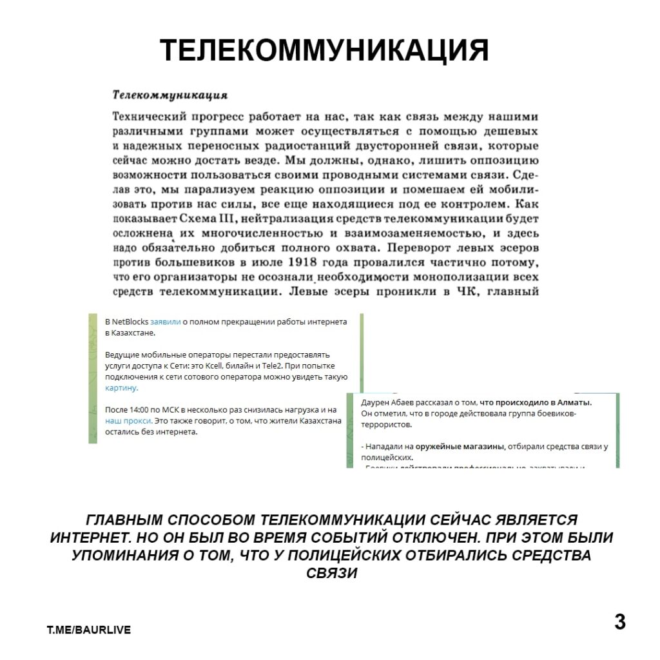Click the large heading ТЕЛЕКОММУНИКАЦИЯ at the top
pos(324,50)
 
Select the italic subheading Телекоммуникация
pos(170,95)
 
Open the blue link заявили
pos(166,322)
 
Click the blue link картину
pos(121,388)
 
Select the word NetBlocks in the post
pos(130,322)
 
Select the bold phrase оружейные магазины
pos(460,446)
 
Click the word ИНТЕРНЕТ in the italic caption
pos(92,538)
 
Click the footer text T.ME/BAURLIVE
pos(88,630)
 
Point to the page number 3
pos(619,623)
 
